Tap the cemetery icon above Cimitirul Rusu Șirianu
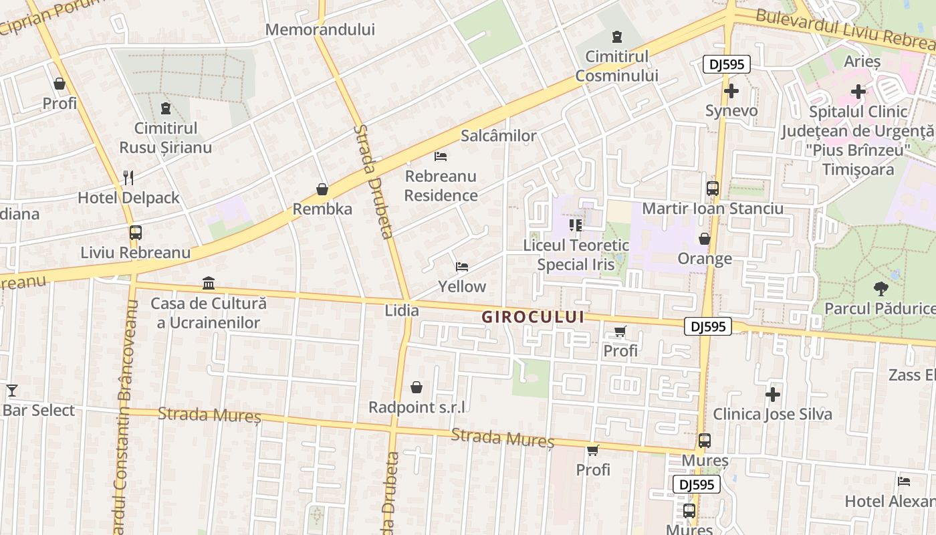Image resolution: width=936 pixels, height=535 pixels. pyautogui.click(x=166, y=108)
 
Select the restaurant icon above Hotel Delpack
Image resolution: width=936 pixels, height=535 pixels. pyautogui.click(x=128, y=177)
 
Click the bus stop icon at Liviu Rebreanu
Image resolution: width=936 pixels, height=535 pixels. pyautogui.click(x=135, y=233)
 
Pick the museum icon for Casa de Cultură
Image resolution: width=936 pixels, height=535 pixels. pyautogui.click(x=209, y=284)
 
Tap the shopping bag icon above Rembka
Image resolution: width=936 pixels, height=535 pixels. pyautogui.click(x=322, y=189)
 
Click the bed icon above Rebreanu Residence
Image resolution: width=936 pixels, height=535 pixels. pyautogui.click(x=441, y=156)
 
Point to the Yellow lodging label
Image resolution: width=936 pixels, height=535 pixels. pyautogui.click(x=462, y=286)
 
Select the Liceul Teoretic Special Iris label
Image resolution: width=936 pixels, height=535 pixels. pyautogui.click(x=576, y=255)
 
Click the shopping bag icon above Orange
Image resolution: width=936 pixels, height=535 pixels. pyautogui.click(x=705, y=239)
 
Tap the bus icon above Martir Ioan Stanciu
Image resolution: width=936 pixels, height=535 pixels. pyautogui.click(x=713, y=189)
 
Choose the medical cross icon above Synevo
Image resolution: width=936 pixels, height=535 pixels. pyautogui.click(x=731, y=90)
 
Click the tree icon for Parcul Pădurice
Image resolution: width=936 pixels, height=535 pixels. pyautogui.click(x=881, y=289)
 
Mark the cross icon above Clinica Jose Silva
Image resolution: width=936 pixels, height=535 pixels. pyautogui.click(x=773, y=395)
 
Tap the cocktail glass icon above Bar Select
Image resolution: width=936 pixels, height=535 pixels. pyautogui.click(x=11, y=391)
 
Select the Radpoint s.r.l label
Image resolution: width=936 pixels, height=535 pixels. pyautogui.click(x=417, y=407)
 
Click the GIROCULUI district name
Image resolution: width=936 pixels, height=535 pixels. pyautogui.click(x=533, y=317)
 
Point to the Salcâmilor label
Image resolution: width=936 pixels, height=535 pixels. pyautogui.click(x=499, y=136)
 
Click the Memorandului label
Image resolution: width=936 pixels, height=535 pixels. pyautogui.click(x=320, y=29)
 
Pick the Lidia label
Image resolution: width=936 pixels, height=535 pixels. pyautogui.click(x=402, y=310)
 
